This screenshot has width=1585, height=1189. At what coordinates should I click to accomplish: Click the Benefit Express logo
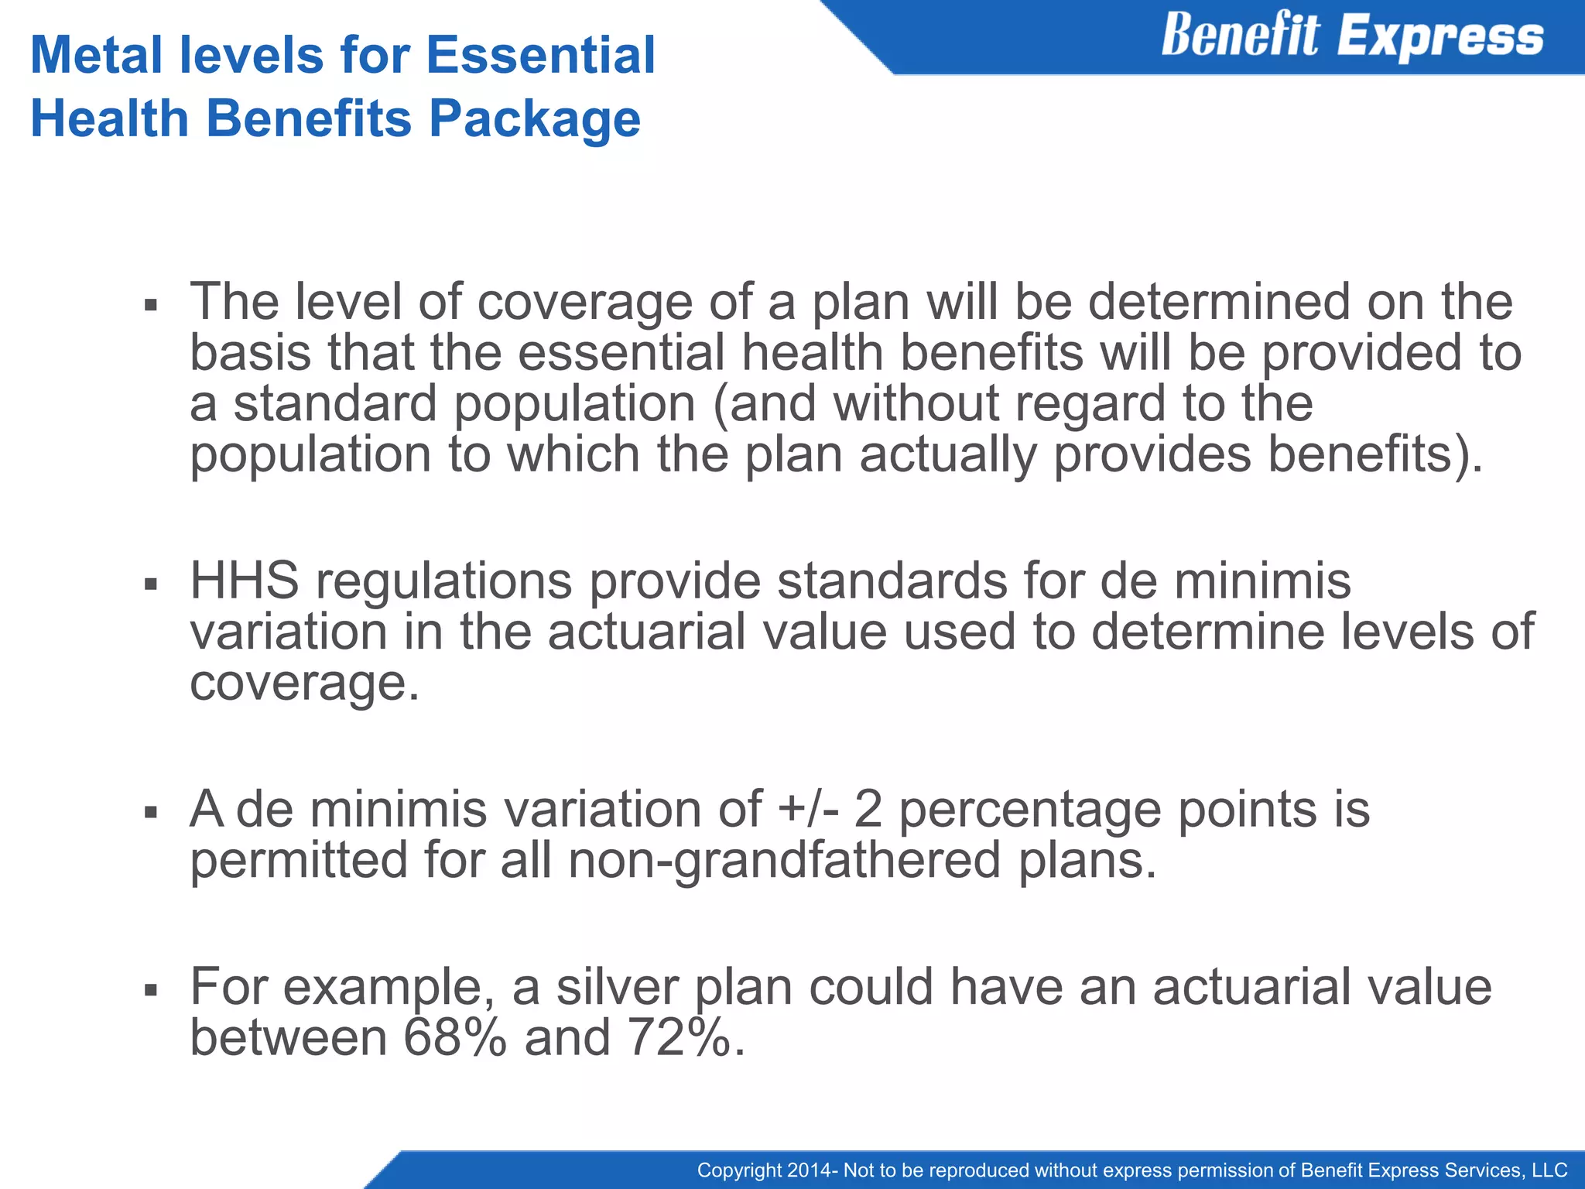click(x=1351, y=36)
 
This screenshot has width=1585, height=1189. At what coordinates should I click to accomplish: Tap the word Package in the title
click(x=535, y=119)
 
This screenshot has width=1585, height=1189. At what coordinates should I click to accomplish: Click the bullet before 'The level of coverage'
click(x=151, y=305)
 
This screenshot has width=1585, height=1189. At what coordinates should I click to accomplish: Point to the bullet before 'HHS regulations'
click(x=151, y=584)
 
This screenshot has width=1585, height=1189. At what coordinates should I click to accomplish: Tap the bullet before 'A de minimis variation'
click(x=151, y=813)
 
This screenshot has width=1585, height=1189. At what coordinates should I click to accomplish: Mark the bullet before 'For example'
click(x=151, y=990)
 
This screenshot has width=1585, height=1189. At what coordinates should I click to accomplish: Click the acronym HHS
click(x=245, y=581)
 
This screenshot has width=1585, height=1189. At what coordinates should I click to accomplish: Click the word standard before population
click(x=335, y=404)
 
